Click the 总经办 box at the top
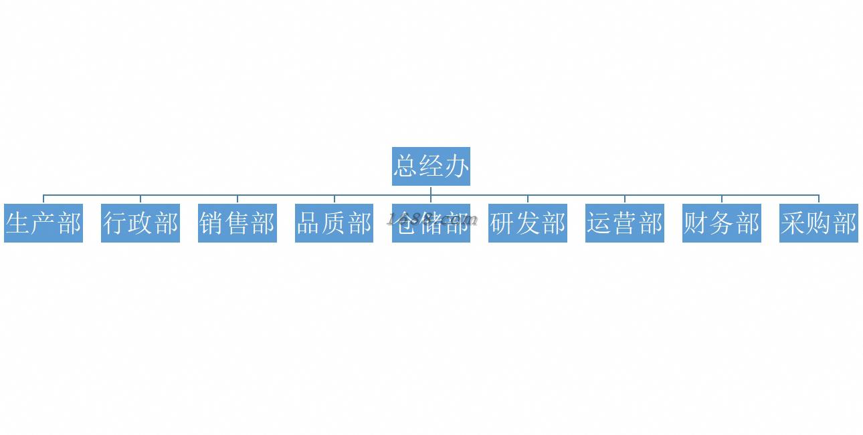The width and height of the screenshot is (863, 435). [431, 166]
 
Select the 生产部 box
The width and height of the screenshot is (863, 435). [43, 223]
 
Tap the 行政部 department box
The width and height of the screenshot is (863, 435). [140, 223]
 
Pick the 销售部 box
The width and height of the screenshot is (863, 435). [237, 223]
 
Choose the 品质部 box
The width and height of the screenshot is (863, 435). [334, 223]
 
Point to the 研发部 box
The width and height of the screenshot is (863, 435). [528, 223]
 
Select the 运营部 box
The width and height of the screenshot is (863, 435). [625, 223]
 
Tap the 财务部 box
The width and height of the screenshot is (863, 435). [722, 223]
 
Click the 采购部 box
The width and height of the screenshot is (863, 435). [819, 223]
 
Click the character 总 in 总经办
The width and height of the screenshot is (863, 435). [405, 166]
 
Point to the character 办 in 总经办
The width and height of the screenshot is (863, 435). [457, 166]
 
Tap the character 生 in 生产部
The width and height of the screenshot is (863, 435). [18, 223]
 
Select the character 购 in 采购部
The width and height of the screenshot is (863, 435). [819, 223]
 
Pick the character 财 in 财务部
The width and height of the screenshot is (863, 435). [696, 223]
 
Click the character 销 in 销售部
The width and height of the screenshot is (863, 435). [212, 223]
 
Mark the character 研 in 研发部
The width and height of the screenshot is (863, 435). [502, 223]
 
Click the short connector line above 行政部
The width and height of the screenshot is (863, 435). [140, 199]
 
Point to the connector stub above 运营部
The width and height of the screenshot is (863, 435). [625, 199]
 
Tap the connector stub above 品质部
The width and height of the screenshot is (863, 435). [334, 199]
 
